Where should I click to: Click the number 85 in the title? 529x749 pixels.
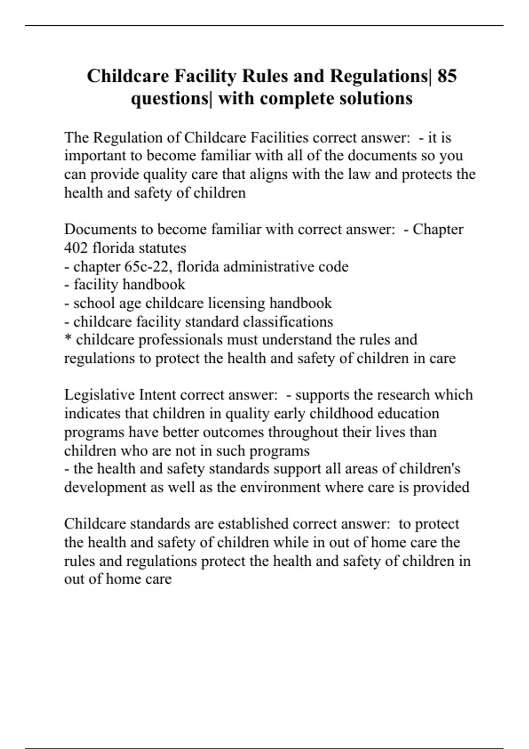(x=447, y=76)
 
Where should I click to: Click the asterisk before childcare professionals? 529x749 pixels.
(x=68, y=339)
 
